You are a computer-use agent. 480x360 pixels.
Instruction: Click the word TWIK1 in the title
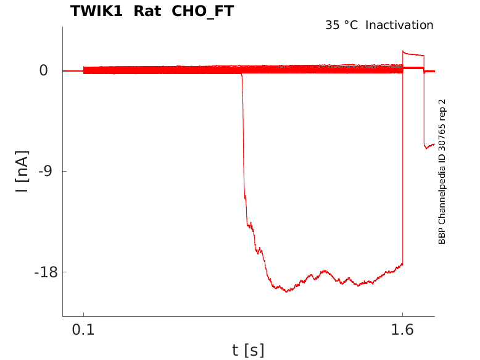(x=95, y=11)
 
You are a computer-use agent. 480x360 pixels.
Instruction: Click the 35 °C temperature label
(x=341, y=25)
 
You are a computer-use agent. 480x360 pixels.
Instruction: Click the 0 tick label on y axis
(x=43, y=70)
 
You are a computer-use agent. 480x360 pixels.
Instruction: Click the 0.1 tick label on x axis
(x=83, y=330)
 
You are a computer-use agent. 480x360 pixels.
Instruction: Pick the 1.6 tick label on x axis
(x=402, y=330)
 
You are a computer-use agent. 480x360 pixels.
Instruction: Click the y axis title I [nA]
(x=22, y=171)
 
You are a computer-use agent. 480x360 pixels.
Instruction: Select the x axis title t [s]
(x=248, y=351)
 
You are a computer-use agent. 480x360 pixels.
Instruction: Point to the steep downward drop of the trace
(x=243, y=142)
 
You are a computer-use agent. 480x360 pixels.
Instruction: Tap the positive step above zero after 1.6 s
(x=413, y=54)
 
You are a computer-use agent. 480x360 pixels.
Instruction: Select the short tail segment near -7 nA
(x=429, y=146)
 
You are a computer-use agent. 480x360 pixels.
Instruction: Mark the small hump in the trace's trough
(x=324, y=272)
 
